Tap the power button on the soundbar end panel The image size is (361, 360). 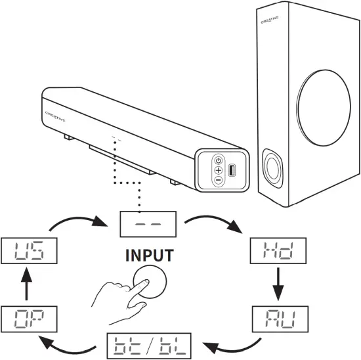tap(218, 160)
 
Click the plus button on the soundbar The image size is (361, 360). tap(218, 170)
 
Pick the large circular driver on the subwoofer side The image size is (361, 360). tap(325, 104)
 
